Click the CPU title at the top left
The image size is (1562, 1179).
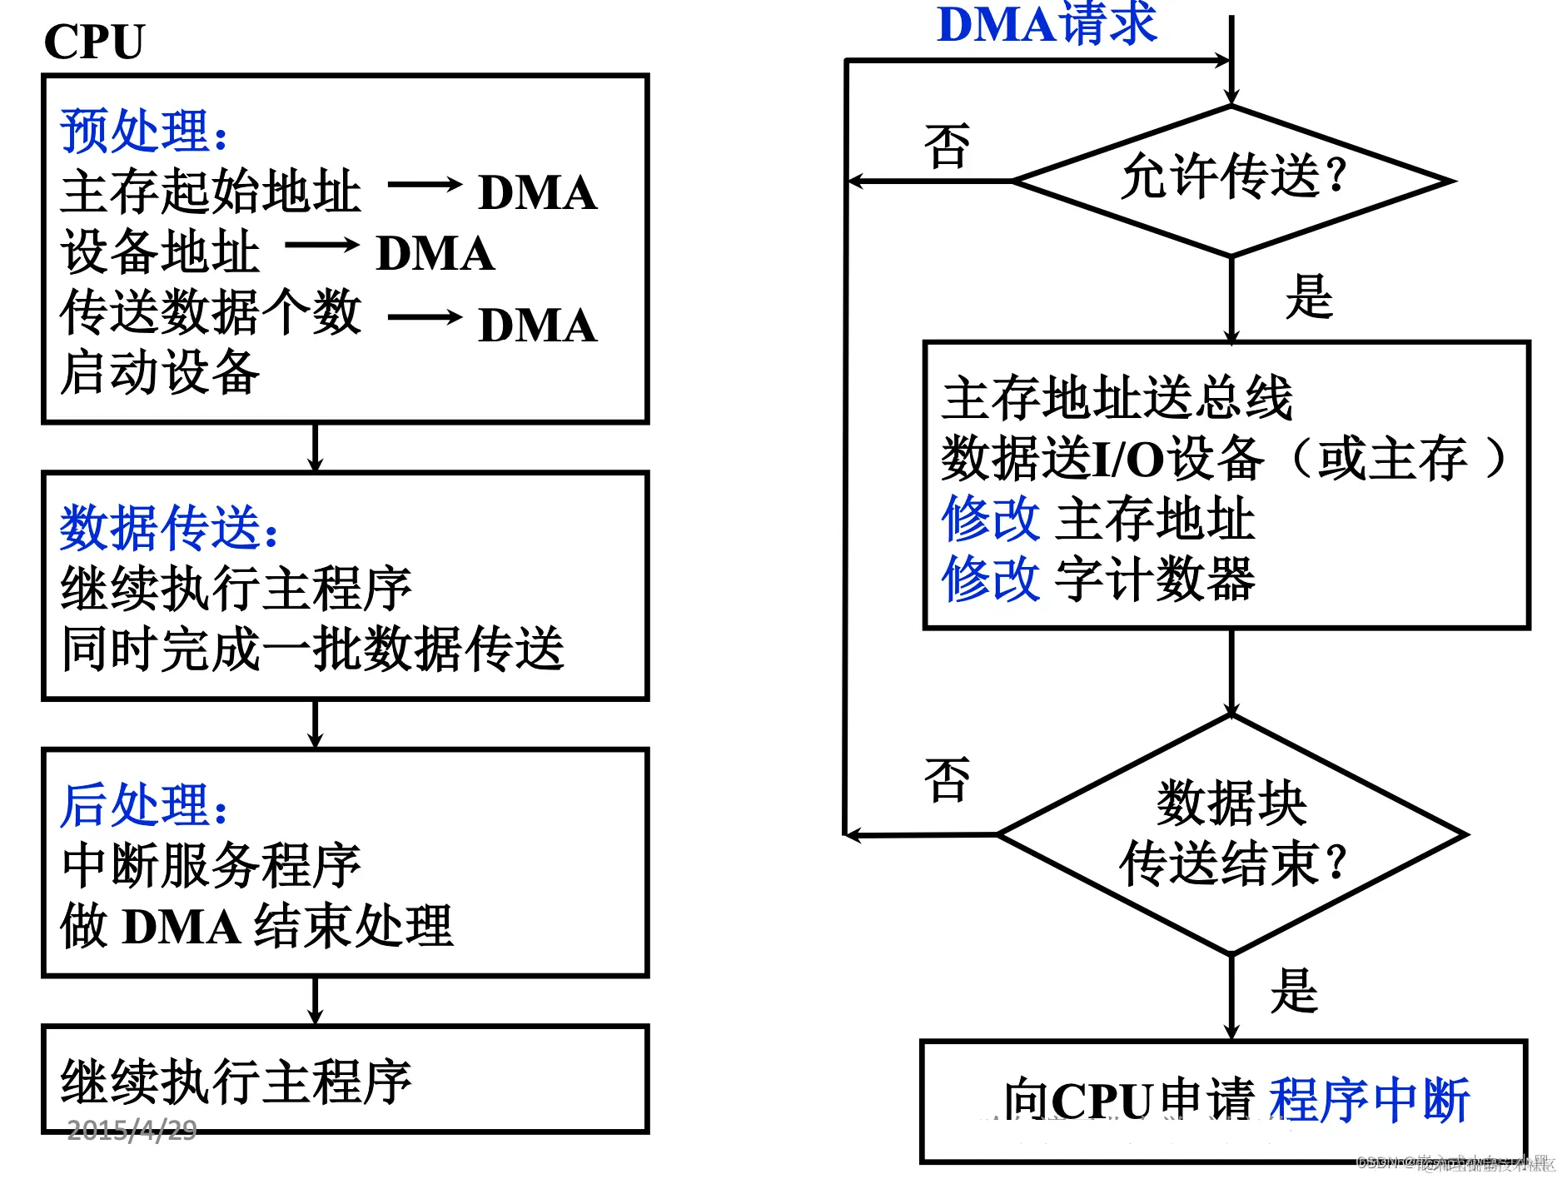(x=94, y=42)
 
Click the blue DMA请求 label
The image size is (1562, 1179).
(x=1047, y=25)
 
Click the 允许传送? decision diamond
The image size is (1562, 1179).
(x=1232, y=179)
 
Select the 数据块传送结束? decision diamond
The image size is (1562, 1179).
(x=1232, y=833)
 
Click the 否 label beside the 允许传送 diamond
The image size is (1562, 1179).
(x=947, y=147)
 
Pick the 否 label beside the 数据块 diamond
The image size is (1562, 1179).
(x=947, y=780)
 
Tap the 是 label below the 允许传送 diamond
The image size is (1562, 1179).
(x=1309, y=297)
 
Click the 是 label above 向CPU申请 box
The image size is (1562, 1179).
(x=1294, y=991)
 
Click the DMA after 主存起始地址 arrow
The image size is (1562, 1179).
(x=538, y=192)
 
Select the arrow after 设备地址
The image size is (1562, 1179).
(x=321, y=246)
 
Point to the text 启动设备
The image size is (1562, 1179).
(x=160, y=371)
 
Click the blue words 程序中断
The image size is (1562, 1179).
(x=1368, y=1100)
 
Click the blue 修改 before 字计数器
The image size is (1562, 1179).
(x=990, y=579)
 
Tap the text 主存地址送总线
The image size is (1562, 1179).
(x=1117, y=398)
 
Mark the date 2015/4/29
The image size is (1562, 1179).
(x=132, y=1130)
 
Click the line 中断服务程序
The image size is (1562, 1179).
(x=211, y=866)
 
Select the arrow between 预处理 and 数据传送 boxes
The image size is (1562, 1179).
(x=315, y=448)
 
